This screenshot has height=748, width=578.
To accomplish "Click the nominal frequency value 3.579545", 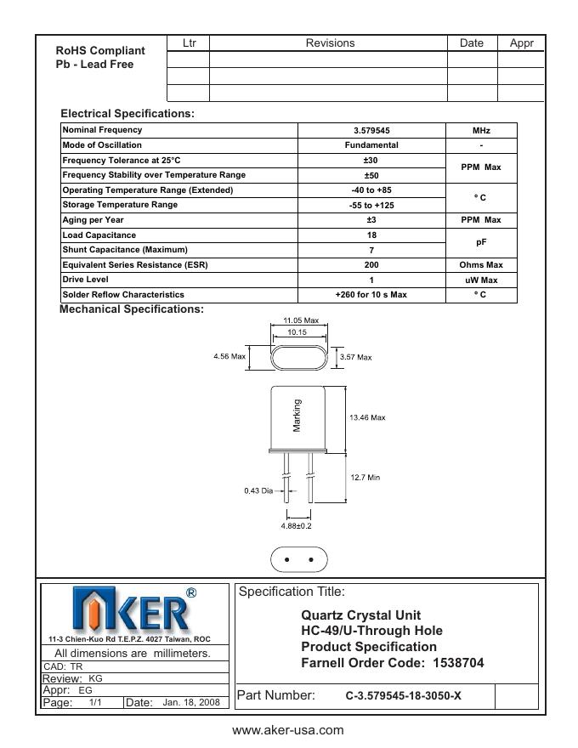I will (x=371, y=131).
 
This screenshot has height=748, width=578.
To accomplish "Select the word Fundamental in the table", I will (x=371, y=145).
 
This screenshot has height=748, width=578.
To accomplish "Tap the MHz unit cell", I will (x=481, y=131).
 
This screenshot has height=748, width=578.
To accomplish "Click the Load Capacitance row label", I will (x=99, y=235).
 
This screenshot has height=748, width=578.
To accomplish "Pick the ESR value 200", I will (x=371, y=265).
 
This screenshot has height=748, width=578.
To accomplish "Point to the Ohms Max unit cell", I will (x=481, y=265).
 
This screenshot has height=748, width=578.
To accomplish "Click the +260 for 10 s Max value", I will (x=371, y=295).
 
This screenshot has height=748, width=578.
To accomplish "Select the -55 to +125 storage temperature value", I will (x=371, y=206).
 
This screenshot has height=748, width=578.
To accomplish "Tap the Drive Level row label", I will (x=85, y=280).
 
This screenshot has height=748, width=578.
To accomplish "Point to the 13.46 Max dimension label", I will (x=367, y=417).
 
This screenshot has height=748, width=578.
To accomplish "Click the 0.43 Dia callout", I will (x=258, y=490).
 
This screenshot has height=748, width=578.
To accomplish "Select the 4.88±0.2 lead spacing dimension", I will (x=297, y=526).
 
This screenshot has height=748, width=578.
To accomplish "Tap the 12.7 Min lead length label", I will (x=365, y=478).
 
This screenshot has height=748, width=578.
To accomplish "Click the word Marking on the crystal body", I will (x=297, y=416).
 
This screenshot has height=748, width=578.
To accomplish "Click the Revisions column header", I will (x=330, y=43).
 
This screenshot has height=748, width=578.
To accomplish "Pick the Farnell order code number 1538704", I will (x=458, y=663).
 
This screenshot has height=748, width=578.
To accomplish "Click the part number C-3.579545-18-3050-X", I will (x=403, y=696).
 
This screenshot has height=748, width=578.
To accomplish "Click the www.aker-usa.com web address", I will (x=288, y=730).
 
